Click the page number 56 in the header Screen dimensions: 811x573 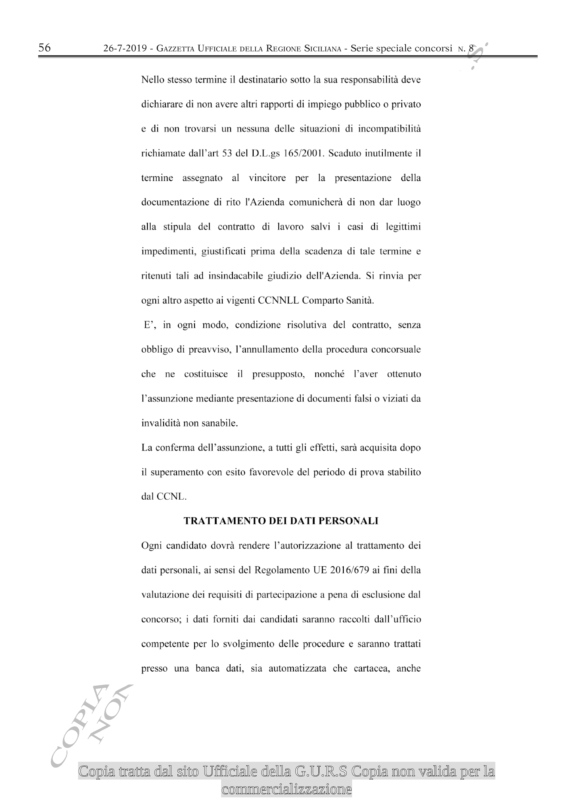45,48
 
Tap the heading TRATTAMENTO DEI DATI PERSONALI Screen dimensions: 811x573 281,521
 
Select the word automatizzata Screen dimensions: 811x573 297,668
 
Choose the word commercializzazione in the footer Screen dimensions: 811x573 286,789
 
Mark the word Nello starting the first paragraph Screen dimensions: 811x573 153,80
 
